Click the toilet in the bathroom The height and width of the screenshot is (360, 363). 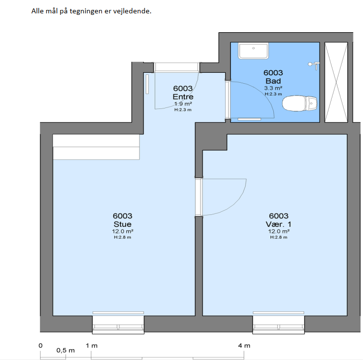[x=300, y=103]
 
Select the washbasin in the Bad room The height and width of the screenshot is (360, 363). [x=254, y=51]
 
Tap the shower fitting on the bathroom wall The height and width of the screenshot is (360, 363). [x=314, y=65]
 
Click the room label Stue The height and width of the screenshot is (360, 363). [x=122, y=224]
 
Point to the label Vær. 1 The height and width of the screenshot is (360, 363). [x=278, y=224]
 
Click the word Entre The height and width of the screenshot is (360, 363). [x=183, y=97]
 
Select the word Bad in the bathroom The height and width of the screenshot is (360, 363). [x=273, y=81]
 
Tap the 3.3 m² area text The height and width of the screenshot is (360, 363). [x=273, y=88]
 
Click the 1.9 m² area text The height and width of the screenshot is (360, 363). [x=183, y=103]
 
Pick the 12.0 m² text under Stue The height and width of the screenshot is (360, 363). [x=122, y=231]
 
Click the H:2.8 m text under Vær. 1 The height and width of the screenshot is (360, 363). [x=278, y=237]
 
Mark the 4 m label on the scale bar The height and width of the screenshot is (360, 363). [x=244, y=346]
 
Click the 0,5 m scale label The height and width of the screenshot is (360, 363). [x=65, y=351]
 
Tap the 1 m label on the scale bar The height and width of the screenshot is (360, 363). [x=92, y=346]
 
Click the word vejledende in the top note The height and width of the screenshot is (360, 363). [x=132, y=11]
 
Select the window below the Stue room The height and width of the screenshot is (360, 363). [x=118, y=323]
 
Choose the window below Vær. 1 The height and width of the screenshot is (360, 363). [x=278, y=323]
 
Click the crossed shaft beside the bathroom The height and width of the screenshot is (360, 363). [x=336, y=82]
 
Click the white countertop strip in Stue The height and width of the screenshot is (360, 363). [x=96, y=147]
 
